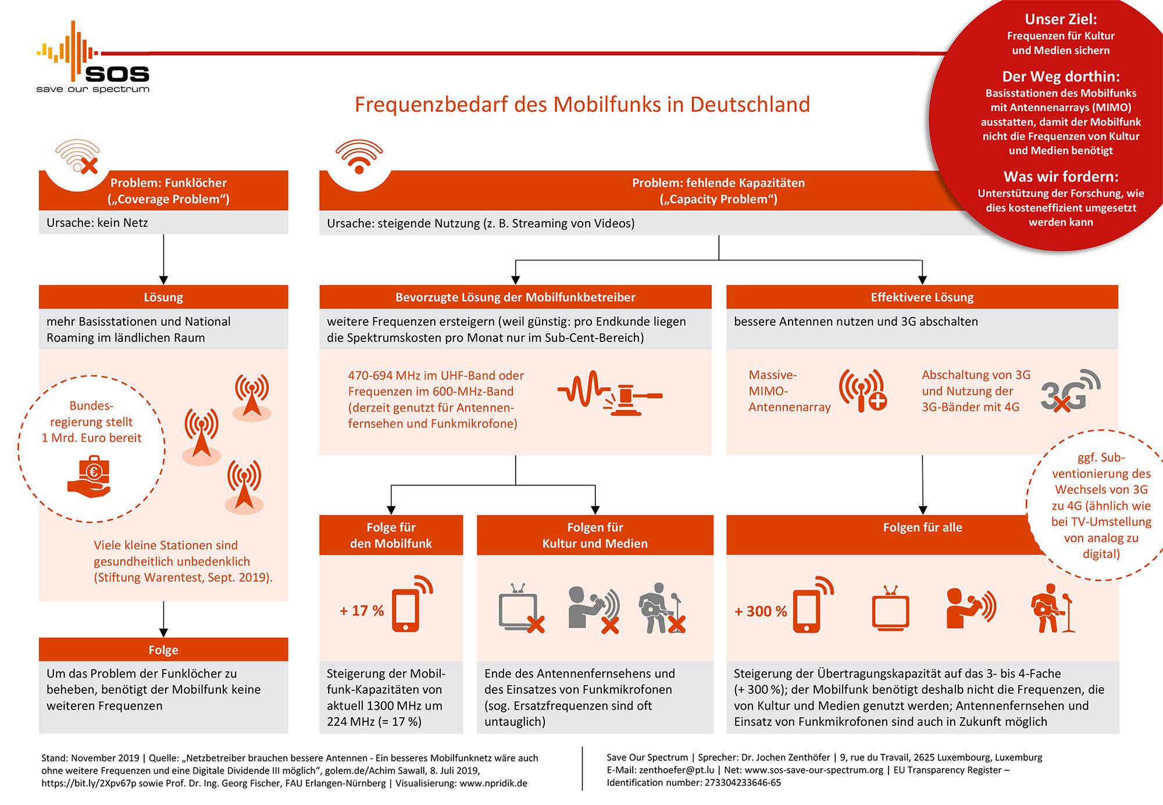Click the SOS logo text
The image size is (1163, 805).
point(117,74)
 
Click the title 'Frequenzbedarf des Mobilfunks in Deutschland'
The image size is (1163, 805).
point(582,105)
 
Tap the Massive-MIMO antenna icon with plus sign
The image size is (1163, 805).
point(863,390)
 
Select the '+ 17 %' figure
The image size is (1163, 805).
point(362,611)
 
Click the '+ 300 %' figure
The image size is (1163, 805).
point(761,611)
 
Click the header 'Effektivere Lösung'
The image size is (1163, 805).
point(922,297)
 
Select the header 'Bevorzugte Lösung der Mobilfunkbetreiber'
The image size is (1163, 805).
point(515,297)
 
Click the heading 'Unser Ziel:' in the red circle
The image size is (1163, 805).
point(1061,19)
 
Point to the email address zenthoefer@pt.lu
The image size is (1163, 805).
point(676,770)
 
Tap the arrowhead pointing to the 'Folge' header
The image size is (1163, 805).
point(163,633)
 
